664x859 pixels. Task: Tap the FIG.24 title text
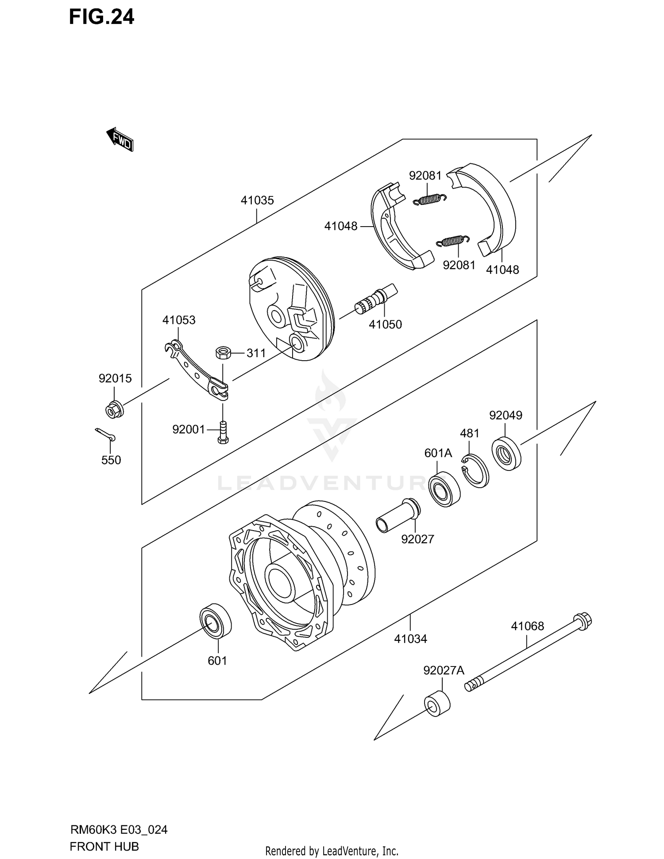(101, 17)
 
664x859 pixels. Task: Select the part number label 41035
(257, 200)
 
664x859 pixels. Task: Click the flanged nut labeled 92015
(114, 410)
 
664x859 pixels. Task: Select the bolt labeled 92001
(223, 431)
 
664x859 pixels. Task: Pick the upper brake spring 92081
(429, 200)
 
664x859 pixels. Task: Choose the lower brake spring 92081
(452, 241)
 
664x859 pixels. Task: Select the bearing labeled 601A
(444, 489)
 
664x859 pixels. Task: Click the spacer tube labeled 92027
(397, 516)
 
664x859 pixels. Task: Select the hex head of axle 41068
(583, 620)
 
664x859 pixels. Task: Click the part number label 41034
(410, 639)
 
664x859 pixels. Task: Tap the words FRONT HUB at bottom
(104, 846)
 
